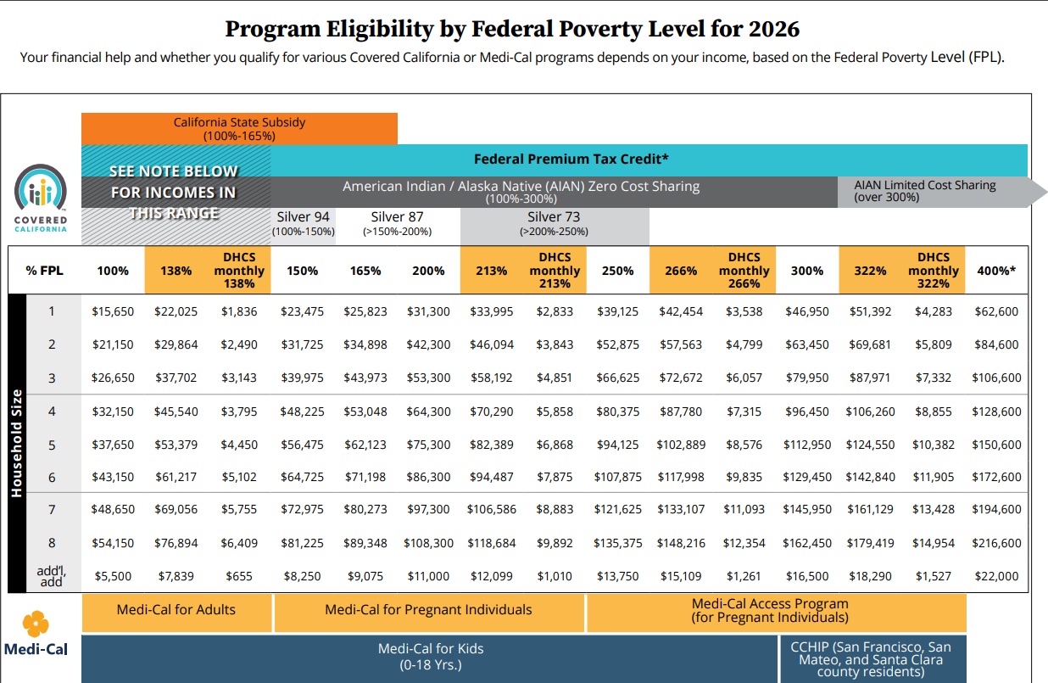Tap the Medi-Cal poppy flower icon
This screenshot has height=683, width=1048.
click(36, 624)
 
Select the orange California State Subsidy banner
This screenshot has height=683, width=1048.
click(239, 128)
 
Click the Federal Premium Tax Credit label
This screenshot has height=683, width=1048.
click(571, 159)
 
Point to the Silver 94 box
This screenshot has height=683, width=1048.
click(303, 224)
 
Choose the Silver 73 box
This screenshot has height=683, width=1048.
click(555, 224)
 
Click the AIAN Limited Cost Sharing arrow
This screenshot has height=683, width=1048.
click(933, 191)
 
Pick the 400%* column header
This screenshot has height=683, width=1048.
click(997, 271)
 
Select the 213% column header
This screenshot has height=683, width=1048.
click(491, 271)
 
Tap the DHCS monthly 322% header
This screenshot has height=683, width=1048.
click(933, 271)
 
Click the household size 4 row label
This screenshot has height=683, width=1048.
click(52, 411)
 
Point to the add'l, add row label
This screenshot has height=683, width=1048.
click(52, 576)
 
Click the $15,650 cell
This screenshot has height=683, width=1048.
click(113, 311)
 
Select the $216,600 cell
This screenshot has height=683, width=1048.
click(997, 543)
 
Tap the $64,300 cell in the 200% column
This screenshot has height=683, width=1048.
click(428, 411)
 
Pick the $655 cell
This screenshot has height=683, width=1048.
click(239, 576)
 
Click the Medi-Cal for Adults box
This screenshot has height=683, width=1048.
click(176, 609)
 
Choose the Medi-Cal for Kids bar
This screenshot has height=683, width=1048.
click(430, 656)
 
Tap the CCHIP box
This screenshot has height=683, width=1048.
click(872, 659)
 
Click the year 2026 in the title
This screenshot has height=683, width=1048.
click(773, 29)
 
